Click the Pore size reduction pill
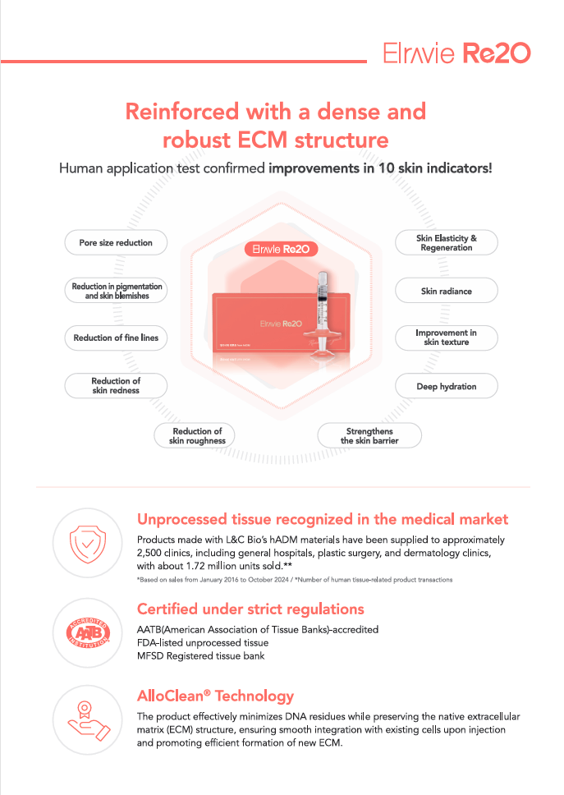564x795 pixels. click(x=116, y=243)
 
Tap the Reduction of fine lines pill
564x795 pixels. click(x=116, y=338)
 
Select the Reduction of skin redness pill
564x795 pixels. click(x=116, y=386)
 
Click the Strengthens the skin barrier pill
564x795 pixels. click(x=369, y=436)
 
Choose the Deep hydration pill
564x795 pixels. click(x=447, y=386)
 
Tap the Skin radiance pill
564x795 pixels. click(x=447, y=291)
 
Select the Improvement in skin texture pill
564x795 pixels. click(x=447, y=338)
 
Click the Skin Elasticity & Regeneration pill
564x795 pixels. click(x=447, y=243)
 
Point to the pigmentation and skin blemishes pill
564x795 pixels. click(x=117, y=291)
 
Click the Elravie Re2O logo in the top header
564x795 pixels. click(x=456, y=53)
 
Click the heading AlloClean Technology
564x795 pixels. click(x=214, y=696)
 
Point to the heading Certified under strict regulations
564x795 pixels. click(x=250, y=609)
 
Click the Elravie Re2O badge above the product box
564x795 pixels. click(x=282, y=249)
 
